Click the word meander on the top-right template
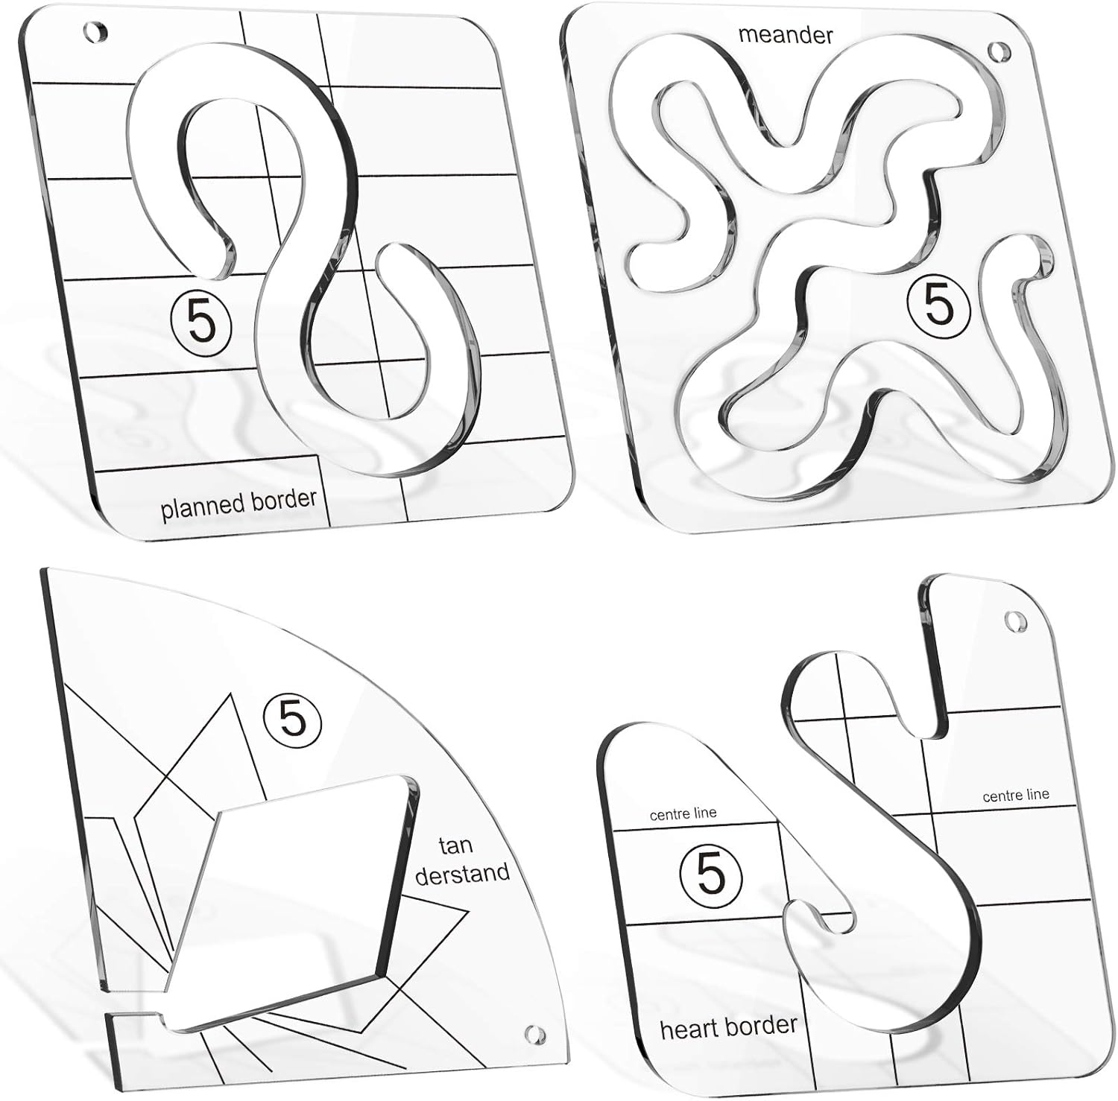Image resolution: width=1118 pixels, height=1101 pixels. coord(785,34)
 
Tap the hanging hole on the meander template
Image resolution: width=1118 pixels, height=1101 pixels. coord(995,52)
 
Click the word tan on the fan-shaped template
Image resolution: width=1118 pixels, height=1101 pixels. coord(455,846)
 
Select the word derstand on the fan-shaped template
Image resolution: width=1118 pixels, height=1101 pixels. coord(462,873)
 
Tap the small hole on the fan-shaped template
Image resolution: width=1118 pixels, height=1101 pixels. coord(534,1034)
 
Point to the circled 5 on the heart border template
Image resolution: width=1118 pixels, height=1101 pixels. coord(712,873)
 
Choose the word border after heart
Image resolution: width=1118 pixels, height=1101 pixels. coord(765,1025)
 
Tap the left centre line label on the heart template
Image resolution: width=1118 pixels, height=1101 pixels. coord(683,814)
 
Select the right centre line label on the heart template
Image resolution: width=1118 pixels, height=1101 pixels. coord(1015,796)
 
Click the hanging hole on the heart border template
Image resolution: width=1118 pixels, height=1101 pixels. coord(1014,620)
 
